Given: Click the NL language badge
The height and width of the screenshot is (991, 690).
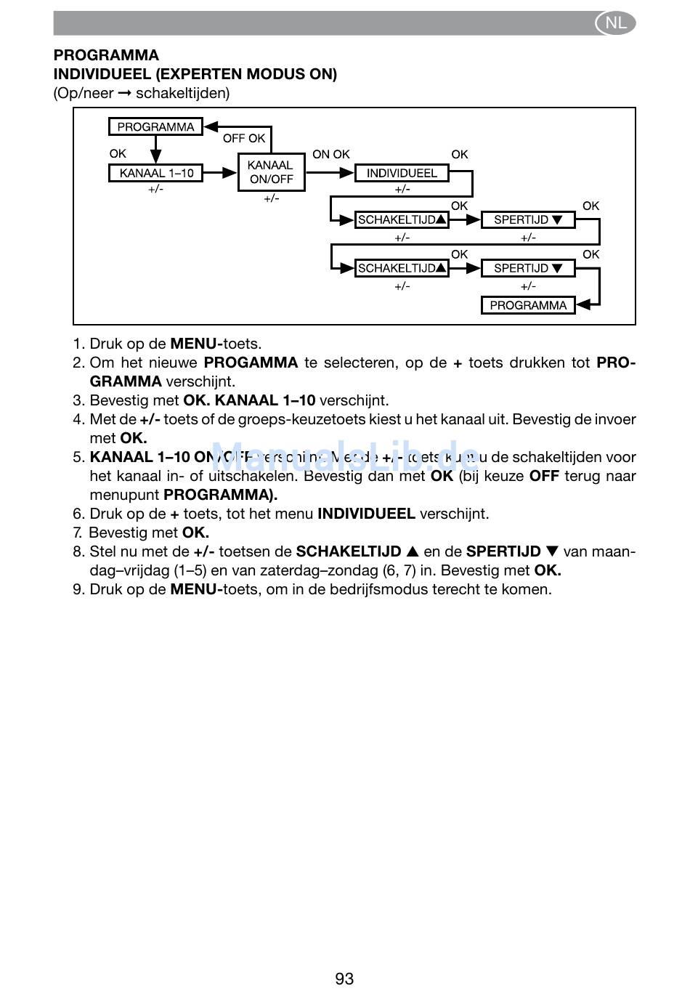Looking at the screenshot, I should click(x=615, y=23).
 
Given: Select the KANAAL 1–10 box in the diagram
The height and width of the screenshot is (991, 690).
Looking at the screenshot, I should click(x=156, y=173).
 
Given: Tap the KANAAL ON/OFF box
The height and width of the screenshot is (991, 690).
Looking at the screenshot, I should click(x=271, y=172).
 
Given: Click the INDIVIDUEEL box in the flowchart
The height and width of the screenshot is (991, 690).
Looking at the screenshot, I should click(x=402, y=173).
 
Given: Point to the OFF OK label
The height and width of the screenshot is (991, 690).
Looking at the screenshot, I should click(x=244, y=138).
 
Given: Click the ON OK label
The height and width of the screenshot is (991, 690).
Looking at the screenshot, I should click(x=331, y=154).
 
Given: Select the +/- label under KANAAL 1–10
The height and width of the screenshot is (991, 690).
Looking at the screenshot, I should click(x=156, y=189).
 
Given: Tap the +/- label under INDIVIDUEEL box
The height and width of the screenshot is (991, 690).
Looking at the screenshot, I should click(x=402, y=189).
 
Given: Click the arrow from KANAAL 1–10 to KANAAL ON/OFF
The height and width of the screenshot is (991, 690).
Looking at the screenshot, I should click(x=221, y=173).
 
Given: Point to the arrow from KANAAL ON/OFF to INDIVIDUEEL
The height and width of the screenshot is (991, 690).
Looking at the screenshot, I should click(x=330, y=173).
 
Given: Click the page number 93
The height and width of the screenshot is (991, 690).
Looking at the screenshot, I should click(x=344, y=979).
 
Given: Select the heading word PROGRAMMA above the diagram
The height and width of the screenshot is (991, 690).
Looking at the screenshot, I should click(x=106, y=55).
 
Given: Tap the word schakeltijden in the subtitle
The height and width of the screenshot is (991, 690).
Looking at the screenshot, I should click(x=182, y=93).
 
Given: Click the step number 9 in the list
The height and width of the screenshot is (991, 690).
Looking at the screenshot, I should click(x=78, y=589).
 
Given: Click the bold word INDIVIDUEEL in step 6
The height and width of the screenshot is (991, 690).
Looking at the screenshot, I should click(x=366, y=514).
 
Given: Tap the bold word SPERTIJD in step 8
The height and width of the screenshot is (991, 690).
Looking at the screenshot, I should click(x=503, y=551).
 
